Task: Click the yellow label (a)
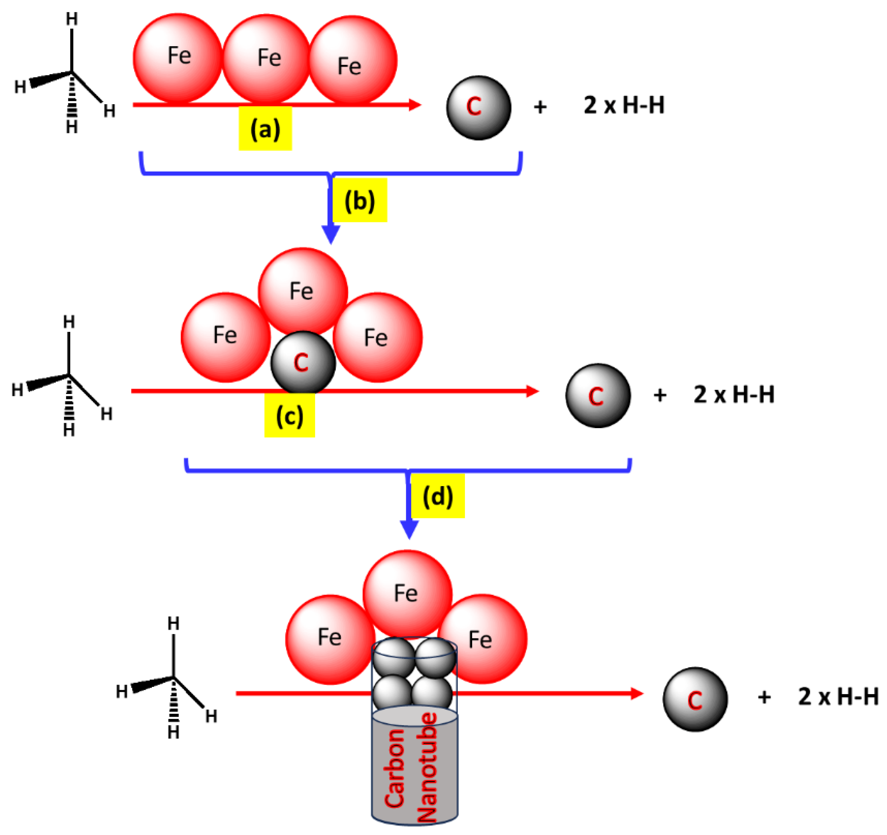tap(265, 128)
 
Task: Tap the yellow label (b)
tap(360, 200)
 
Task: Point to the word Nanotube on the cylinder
tap(427, 767)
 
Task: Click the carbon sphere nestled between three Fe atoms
tap(303, 362)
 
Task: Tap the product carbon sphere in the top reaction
tap(479, 108)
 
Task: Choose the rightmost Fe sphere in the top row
tap(352, 60)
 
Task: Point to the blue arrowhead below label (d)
tap(409, 529)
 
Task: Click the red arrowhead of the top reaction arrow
tap(415, 105)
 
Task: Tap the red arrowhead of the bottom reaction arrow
tap(637, 693)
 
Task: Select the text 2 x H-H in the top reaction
tap(624, 106)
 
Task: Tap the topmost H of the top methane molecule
tap(72, 19)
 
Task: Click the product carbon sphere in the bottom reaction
tap(695, 699)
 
